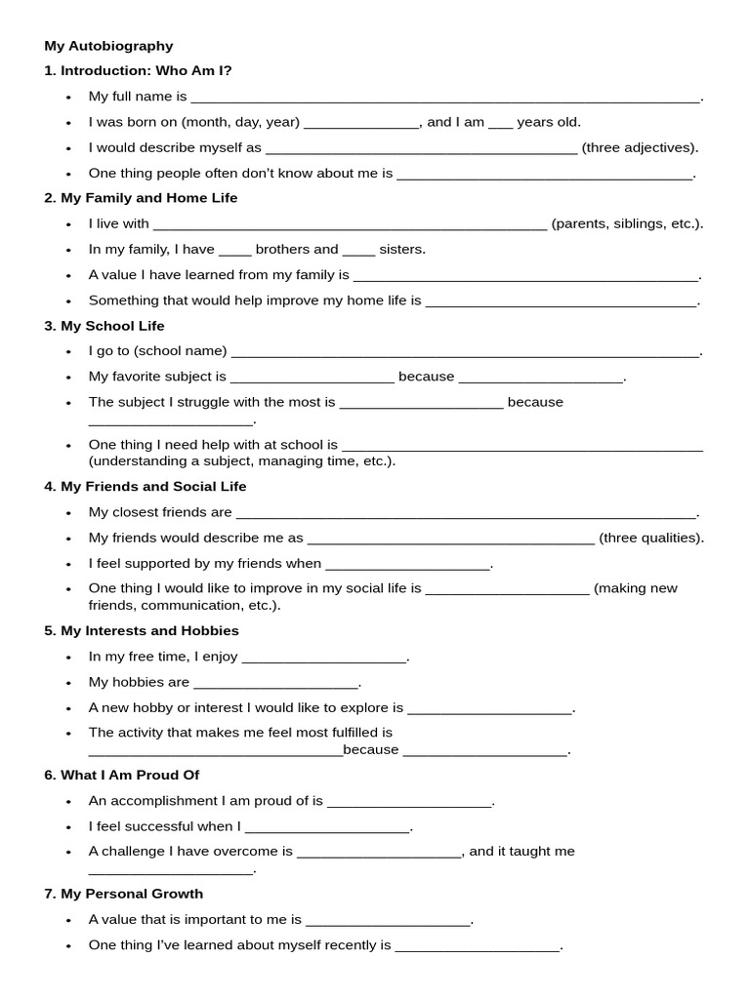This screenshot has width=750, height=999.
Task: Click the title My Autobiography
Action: [108, 46]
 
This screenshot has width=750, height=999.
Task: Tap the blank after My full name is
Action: [445, 98]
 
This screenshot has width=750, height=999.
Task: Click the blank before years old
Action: [500, 123]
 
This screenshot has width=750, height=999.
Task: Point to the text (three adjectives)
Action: [640, 148]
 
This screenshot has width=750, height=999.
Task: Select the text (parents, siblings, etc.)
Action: [627, 224]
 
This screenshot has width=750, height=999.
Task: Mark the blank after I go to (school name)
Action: [466, 352]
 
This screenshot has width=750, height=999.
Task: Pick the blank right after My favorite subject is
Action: [312, 378]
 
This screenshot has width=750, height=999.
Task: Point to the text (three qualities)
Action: [651, 538]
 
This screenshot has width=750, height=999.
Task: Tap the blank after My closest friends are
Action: [467, 513]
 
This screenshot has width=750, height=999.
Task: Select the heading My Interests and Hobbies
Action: [141, 631]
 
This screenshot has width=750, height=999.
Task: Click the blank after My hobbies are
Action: [276, 683]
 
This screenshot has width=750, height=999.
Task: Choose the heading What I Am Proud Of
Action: [121, 776]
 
